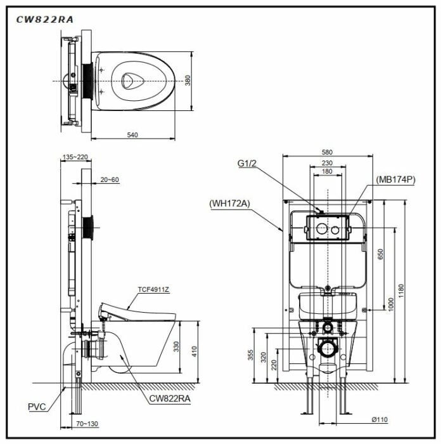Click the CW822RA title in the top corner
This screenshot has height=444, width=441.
[45, 20]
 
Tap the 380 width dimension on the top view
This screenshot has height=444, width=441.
[187, 80]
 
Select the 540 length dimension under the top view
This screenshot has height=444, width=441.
[132, 134]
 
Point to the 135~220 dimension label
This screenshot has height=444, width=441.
[75, 157]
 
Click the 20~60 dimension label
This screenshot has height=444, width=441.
[110, 180]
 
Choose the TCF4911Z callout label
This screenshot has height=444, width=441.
[153, 289]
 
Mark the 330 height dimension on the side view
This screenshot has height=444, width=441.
[176, 346]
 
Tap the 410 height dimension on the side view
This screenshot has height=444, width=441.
[195, 351]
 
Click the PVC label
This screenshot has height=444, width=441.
[37, 407]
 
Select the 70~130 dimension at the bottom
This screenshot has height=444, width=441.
[87, 424]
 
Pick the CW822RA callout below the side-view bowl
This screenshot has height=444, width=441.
[170, 398]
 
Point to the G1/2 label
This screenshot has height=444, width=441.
[246, 163]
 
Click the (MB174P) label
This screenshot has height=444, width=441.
[395, 180]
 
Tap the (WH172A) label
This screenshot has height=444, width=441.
[230, 204]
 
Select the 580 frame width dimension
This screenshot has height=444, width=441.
[327, 152]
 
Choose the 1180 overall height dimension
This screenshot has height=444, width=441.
[401, 291]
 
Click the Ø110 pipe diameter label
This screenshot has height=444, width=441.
[380, 419]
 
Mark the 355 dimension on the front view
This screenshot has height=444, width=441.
[251, 355]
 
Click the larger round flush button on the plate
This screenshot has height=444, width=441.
[321, 228]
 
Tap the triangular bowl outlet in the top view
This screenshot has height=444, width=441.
[132, 81]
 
